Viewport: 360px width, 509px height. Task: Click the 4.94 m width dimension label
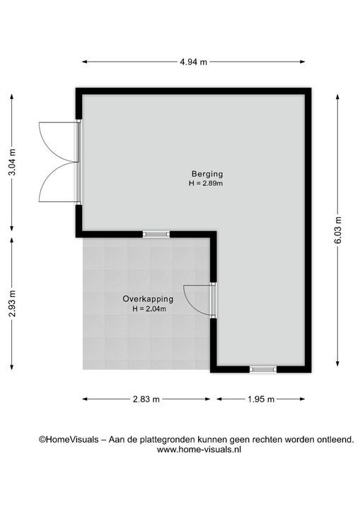tap(193, 62)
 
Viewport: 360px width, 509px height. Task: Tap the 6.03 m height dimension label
tap(338, 230)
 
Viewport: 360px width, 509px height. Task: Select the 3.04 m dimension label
tap(12, 162)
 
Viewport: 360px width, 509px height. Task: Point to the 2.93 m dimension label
tap(12, 303)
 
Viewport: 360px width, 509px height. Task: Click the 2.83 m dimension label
tap(146, 399)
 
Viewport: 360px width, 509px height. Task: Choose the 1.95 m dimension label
tap(261, 399)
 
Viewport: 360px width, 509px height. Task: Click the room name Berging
tap(207, 174)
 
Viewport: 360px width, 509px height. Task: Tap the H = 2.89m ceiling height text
tap(206, 183)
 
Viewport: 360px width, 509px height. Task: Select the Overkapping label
tap(148, 298)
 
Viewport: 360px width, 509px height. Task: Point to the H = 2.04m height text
tap(149, 309)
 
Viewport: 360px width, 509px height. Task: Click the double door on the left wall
tap(60, 162)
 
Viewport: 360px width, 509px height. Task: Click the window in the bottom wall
tap(263, 369)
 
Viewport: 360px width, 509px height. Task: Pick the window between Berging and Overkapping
tap(156, 234)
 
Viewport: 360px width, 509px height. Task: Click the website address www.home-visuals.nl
tap(199, 450)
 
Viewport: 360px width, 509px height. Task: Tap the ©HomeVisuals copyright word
tap(69, 440)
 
